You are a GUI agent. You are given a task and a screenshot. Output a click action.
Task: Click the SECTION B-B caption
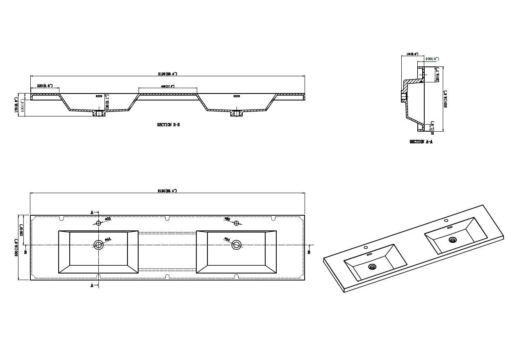tap(168, 125)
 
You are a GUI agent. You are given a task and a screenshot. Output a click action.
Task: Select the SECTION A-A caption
tap(421, 142)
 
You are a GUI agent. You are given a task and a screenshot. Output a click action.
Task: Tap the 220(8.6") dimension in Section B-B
tap(45, 86)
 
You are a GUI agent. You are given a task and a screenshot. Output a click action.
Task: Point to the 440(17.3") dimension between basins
tap(167, 86)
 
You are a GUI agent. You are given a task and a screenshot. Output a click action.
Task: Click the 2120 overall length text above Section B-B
tap(167, 74)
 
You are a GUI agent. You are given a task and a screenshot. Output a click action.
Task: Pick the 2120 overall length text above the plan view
tap(167, 191)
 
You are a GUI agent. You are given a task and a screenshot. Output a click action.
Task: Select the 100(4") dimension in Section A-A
tap(432, 59)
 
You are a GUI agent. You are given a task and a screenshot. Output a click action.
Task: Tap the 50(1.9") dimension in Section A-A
tap(432, 127)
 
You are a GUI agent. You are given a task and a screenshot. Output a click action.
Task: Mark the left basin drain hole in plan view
tap(98, 245)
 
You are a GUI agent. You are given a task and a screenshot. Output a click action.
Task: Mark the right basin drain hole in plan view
tap(236, 245)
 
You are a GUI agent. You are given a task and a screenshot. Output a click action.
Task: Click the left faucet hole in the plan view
tap(98, 223)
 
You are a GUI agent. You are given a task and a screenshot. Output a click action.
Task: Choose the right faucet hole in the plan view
tap(236, 223)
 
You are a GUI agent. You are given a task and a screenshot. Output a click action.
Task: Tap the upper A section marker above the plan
tap(92, 212)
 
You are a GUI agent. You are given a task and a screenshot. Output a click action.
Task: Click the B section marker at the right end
tap(309, 252)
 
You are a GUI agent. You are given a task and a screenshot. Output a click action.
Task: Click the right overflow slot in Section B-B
tap(236, 96)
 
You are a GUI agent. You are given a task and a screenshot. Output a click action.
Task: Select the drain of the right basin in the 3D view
tap(453, 240)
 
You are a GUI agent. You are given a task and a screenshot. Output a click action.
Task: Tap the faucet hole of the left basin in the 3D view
tap(365, 247)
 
